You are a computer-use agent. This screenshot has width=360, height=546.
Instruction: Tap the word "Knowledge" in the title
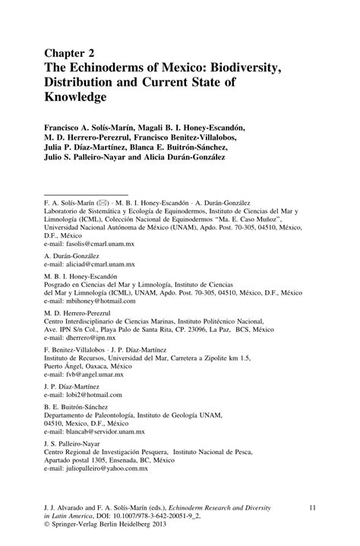(x=77, y=98)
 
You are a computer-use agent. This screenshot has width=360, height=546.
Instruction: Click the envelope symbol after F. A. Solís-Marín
(x=103, y=204)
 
